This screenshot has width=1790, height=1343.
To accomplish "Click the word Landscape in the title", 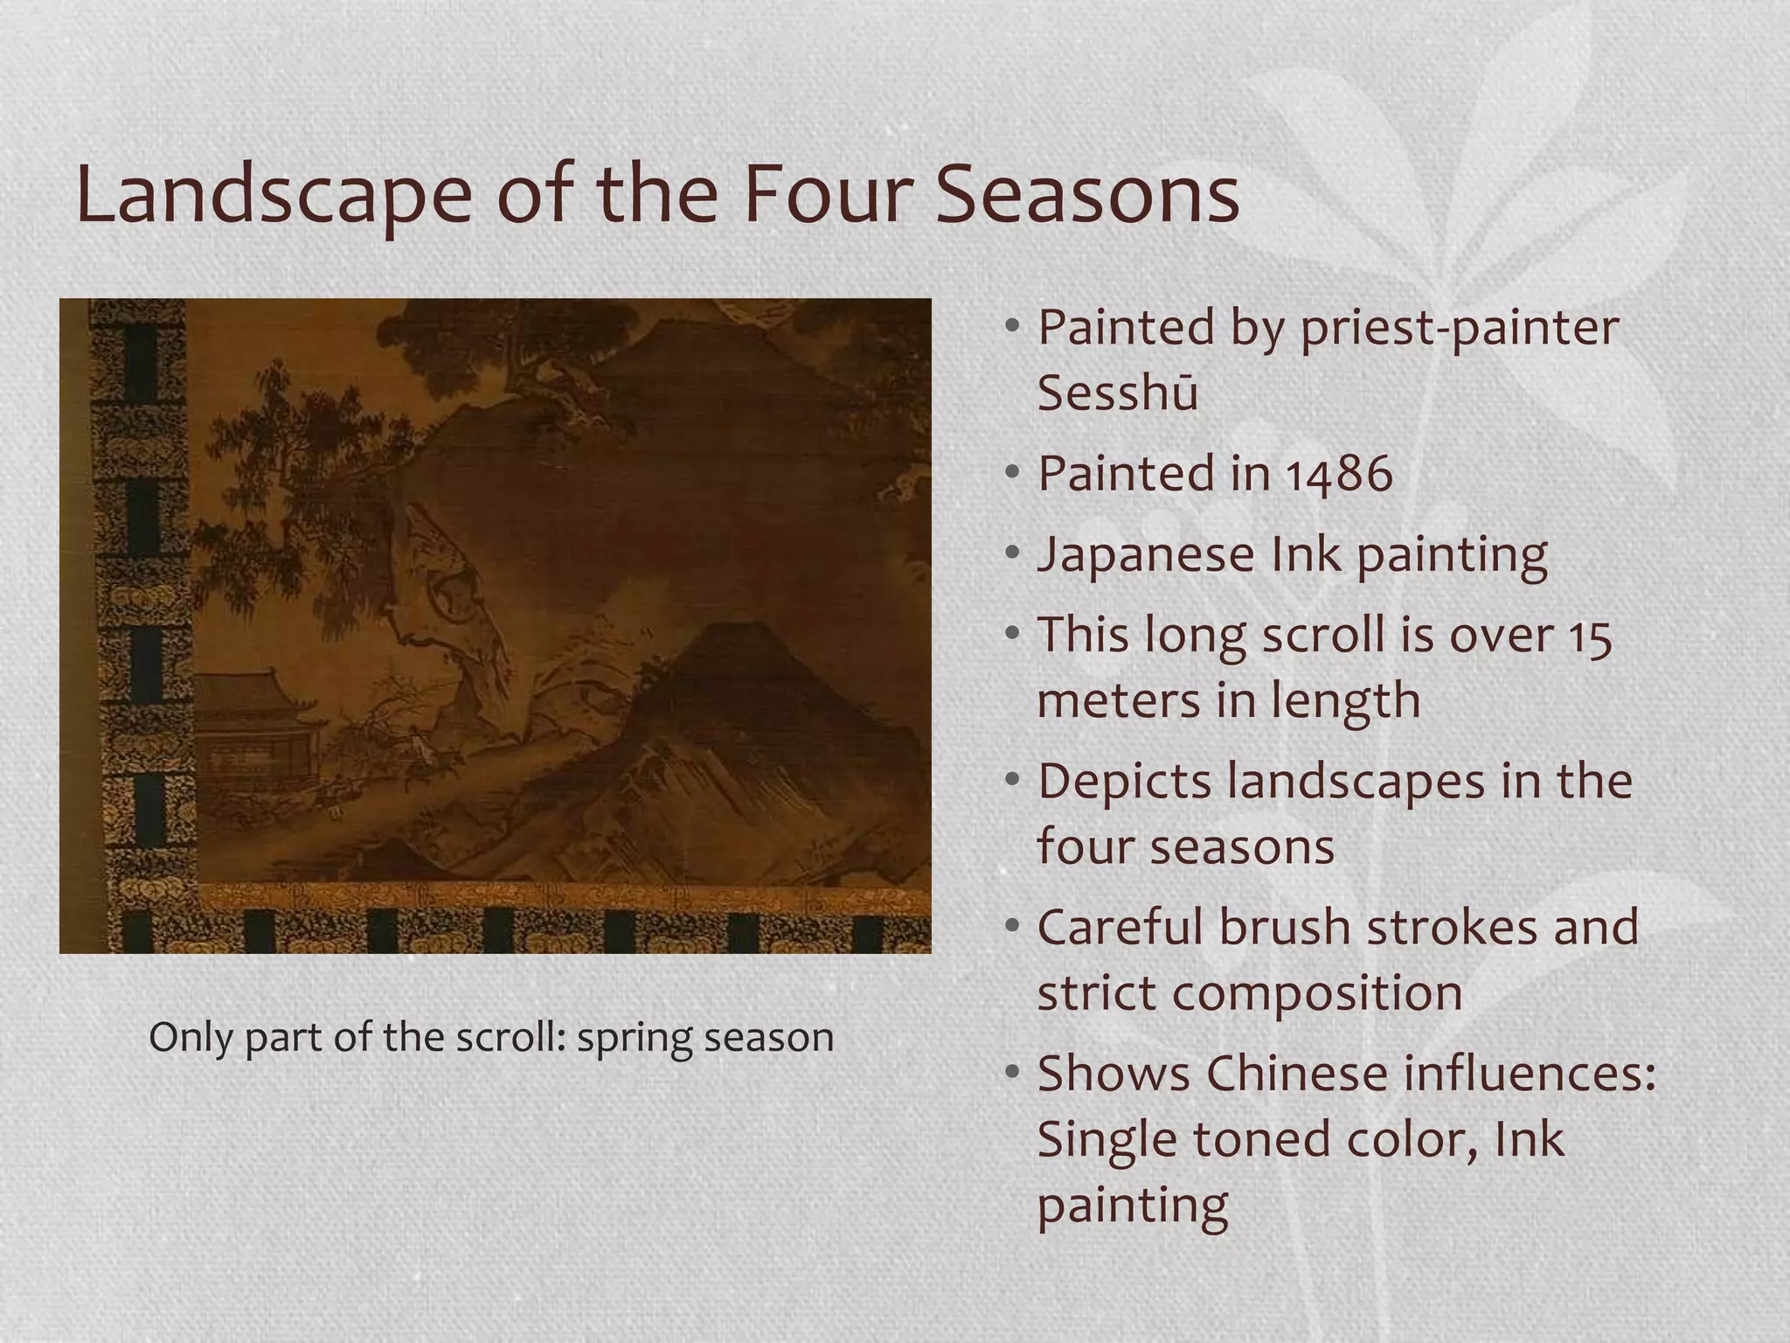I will point(273,197).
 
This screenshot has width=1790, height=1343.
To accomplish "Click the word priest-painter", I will point(1460,328).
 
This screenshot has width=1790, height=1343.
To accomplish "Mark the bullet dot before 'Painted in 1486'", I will point(1012,473).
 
